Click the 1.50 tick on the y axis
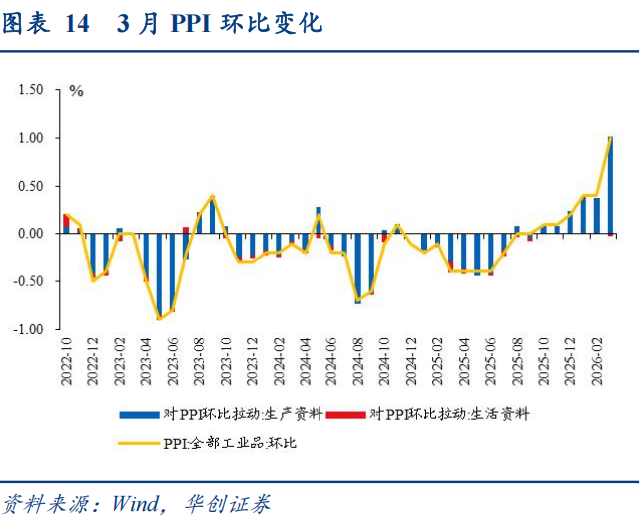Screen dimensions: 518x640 [31, 89]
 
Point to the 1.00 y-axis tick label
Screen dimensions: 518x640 [31, 137]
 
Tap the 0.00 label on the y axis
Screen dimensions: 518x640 [31, 234]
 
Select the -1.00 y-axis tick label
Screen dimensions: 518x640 [29, 329]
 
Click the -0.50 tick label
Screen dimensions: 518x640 [29, 281]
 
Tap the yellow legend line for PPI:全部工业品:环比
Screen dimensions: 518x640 [137, 442]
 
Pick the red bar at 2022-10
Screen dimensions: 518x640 [66, 220]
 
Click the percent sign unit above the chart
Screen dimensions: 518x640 [76, 91]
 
